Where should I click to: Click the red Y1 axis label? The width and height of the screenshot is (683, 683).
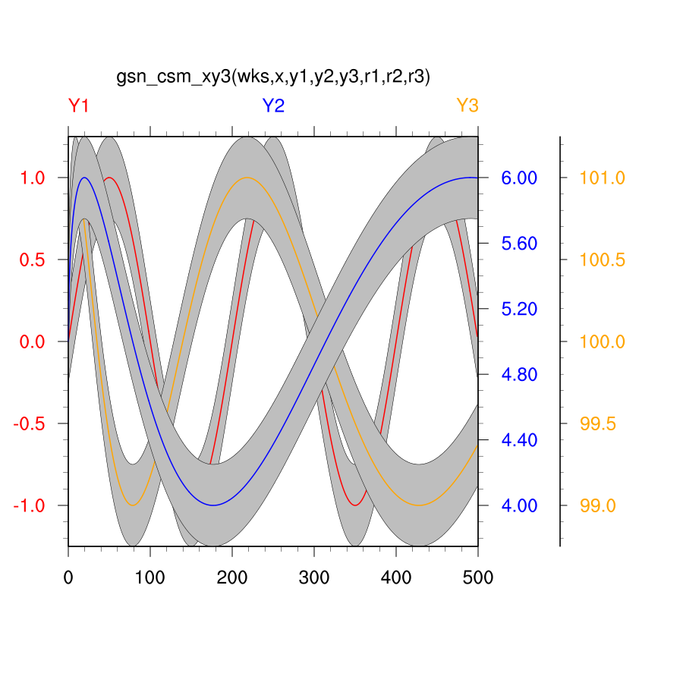[79, 106]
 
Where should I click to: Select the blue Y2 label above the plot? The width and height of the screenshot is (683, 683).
[273, 106]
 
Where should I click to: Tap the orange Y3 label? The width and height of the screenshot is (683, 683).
[467, 106]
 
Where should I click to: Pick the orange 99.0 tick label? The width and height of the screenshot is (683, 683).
[597, 505]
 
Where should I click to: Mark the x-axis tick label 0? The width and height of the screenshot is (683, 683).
[68, 578]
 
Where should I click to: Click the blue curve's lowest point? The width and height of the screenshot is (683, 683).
[213, 505]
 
